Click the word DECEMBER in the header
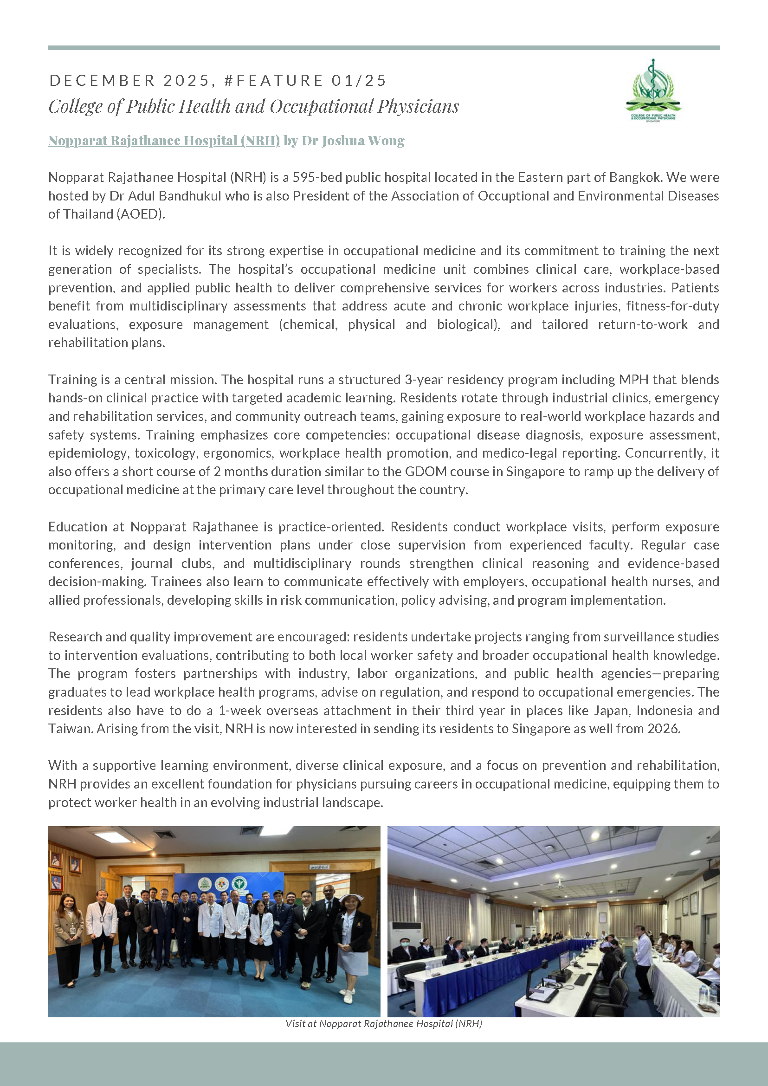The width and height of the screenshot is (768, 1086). pyautogui.click(x=102, y=81)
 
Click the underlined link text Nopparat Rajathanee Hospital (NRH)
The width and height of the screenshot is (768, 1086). pyautogui.click(x=164, y=141)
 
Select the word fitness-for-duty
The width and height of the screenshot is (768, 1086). pyautogui.click(x=672, y=306)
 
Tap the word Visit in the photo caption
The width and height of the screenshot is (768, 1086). pyautogui.click(x=295, y=1023)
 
